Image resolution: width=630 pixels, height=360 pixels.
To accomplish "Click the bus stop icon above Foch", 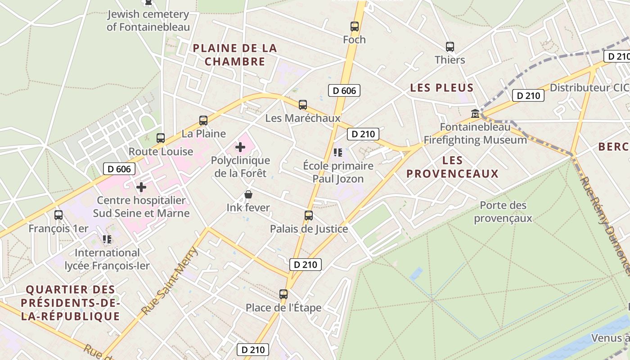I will point(355,27).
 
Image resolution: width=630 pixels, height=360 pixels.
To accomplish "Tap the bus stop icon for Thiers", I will point(450,47).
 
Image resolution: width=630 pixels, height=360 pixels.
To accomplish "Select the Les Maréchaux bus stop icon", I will point(303,105).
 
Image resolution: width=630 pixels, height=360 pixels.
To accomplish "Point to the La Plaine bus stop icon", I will point(203,121).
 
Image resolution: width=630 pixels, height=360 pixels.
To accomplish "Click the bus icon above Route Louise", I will point(161,138).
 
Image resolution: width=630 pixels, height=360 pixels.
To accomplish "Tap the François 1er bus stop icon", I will point(58,215).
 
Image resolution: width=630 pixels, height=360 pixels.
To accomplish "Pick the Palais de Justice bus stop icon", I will point(309,216).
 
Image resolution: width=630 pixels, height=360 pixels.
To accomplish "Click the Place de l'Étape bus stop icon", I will point(283,294).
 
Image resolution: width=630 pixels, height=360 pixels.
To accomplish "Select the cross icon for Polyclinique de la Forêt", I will point(240,147).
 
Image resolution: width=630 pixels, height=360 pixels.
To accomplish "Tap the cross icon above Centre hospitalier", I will point(141,187).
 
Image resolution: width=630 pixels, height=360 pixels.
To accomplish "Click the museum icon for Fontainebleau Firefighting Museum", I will point(475,113).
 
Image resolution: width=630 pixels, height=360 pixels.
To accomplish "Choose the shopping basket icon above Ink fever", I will point(248,194).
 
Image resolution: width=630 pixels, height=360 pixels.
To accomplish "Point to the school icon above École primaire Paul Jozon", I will point(338,153).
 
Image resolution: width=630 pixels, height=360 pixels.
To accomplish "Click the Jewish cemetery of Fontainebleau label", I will point(148,21).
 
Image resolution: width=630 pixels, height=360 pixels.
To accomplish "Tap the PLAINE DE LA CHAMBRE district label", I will point(235,55).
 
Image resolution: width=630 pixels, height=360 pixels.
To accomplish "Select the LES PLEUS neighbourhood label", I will point(441,88).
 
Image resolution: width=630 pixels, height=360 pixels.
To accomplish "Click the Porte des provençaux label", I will point(503,212).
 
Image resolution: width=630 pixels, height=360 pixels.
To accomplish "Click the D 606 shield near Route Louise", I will point(119,169).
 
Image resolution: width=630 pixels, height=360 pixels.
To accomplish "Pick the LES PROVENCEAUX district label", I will point(452,167).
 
